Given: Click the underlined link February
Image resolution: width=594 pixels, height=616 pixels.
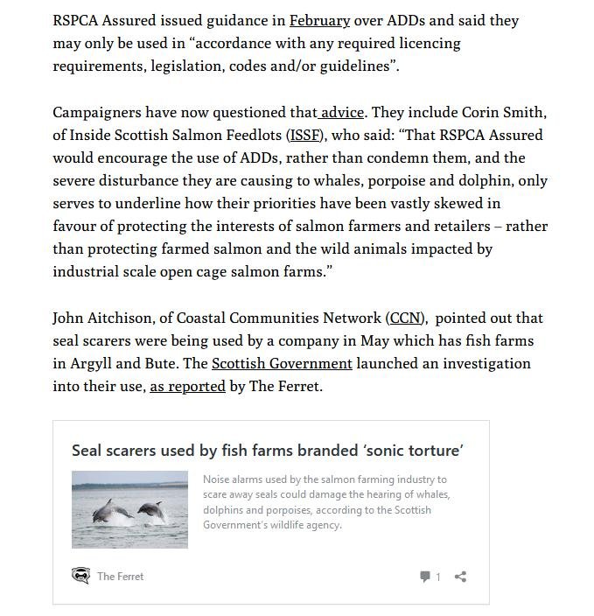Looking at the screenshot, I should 319,20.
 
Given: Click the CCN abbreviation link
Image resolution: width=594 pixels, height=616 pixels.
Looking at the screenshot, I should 406,318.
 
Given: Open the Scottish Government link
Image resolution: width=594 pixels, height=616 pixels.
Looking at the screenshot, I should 282,363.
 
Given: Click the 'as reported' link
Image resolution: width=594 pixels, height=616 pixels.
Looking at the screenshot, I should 187,386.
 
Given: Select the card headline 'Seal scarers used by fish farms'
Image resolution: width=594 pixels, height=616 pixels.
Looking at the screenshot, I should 267,451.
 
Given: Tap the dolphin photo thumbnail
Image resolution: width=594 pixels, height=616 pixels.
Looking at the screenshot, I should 129,510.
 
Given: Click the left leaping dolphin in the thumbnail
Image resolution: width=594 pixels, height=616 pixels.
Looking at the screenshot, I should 113,510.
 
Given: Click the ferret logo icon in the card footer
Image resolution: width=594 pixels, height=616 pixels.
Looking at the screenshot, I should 80,576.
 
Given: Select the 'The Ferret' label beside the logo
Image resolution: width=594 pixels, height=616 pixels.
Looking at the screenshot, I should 121,576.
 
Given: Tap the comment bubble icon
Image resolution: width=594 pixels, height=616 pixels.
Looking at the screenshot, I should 425,576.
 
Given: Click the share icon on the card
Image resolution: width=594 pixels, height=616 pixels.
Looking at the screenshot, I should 460,576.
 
